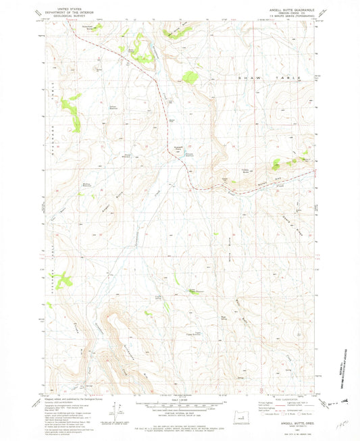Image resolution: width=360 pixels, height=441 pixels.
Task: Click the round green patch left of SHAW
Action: (192, 77)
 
